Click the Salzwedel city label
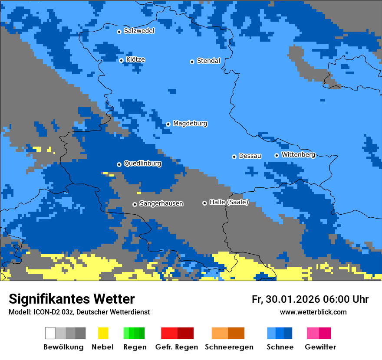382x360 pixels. click(139, 31)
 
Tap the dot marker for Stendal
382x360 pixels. click(192, 62)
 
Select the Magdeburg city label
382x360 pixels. click(190, 124)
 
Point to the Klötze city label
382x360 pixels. click(135, 60)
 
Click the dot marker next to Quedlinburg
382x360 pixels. click(119, 164)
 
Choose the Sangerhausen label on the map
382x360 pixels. click(161, 203)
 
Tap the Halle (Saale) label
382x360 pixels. click(229, 202)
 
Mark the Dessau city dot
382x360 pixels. click(234, 157)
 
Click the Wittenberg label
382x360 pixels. click(298, 155)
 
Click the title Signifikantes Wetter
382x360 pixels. click(72, 299)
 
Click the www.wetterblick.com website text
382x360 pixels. click(313, 312)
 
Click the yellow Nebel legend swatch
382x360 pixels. click(103, 333)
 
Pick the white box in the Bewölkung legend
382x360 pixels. click(50, 333)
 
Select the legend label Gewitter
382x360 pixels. click(320, 347)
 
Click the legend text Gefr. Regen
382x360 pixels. click(177, 347)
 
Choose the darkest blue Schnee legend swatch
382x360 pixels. click(288, 333)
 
